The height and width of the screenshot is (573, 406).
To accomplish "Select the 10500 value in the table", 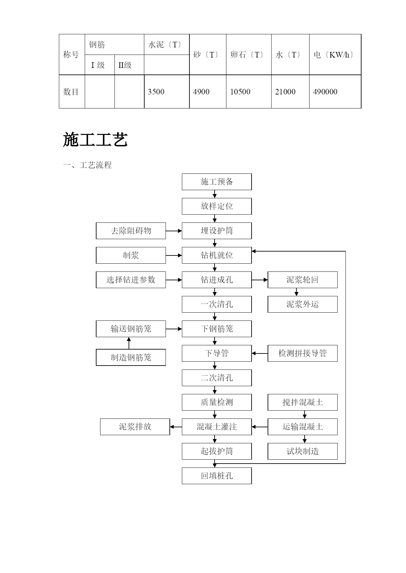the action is [x=240, y=92].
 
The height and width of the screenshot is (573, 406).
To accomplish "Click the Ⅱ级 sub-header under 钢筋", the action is [x=125, y=65].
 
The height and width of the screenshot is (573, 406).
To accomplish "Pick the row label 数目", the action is [x=71, y=92].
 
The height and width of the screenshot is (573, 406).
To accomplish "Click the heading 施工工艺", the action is [x=95, y=140].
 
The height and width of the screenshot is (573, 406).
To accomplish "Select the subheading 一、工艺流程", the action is [x=87, y=165].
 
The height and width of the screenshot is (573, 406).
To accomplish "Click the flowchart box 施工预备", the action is [x=217, y=182].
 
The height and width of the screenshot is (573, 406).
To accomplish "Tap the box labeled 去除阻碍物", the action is [x=131, y=231].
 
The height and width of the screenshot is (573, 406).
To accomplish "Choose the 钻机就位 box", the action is [x=217, y=255].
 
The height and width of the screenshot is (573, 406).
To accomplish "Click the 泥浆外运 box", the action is [x=303, y=304].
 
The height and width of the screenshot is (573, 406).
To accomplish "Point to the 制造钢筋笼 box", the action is [x=131, y=357].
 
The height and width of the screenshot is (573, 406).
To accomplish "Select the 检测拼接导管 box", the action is [x=303, y=353].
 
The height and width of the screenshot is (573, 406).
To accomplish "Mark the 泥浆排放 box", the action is [x=135, y=427].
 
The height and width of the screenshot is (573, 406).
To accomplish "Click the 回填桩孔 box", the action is [x=217, y=476].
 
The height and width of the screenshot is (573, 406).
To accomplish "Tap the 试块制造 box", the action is [x=303, y=451].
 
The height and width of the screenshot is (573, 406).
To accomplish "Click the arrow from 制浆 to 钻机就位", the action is [x=174, y=255].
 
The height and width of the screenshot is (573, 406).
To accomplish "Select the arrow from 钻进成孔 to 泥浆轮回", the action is [x=260, y=280].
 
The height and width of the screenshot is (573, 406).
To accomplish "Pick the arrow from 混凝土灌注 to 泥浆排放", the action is [x=176, y=427].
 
